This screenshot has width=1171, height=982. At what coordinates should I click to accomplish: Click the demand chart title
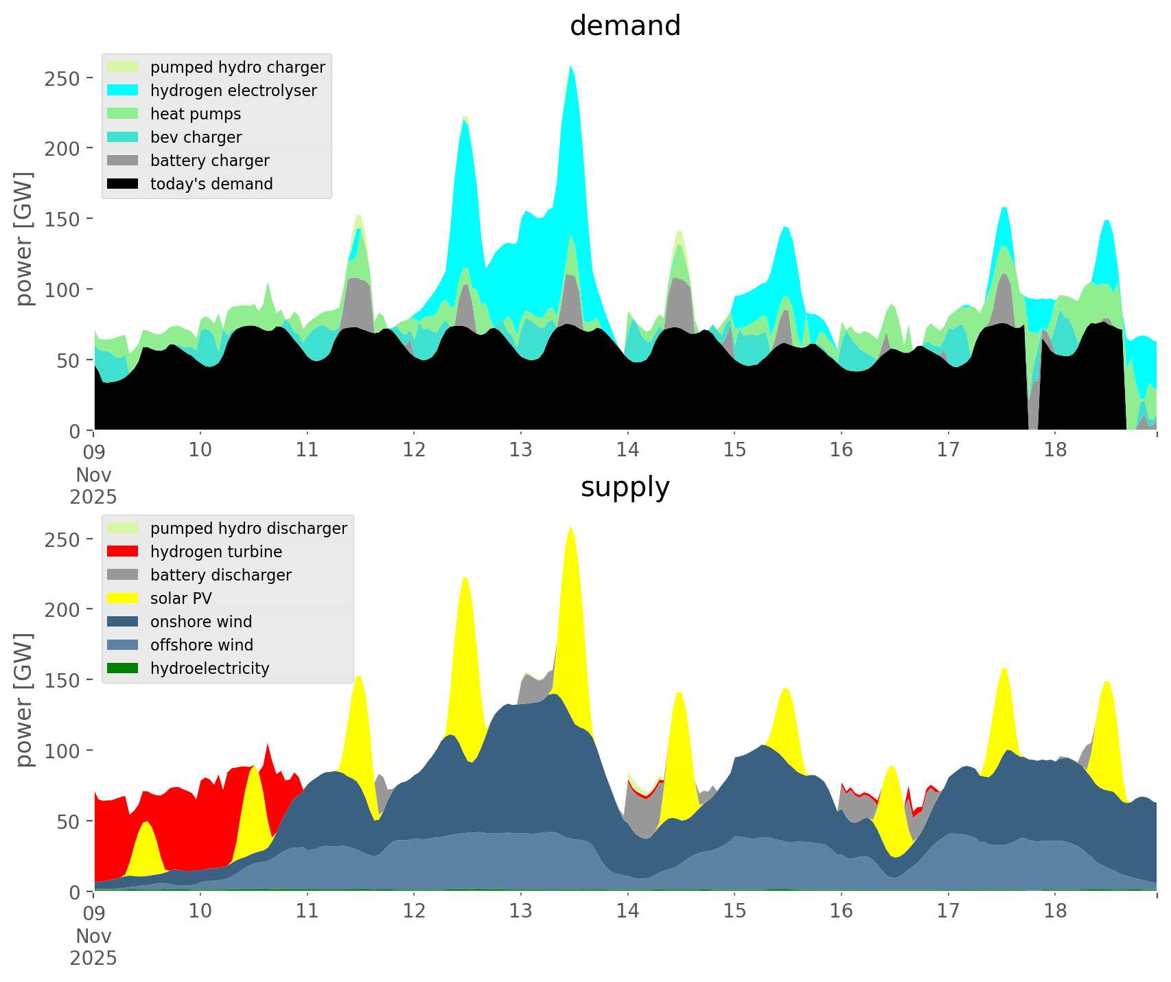[x=625, y=26]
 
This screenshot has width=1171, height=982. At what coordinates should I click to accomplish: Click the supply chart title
[x=625, y=487]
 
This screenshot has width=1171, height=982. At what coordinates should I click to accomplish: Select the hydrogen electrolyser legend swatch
[x=123, y=91]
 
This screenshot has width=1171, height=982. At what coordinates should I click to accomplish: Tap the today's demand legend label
[x=211, y=184]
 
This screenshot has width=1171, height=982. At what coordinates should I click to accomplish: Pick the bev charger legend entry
[x=196, y=137]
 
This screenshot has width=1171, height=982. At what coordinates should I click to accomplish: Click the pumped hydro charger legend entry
[x=237, y=67]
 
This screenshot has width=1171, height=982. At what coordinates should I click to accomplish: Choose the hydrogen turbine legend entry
[x=216, y=552]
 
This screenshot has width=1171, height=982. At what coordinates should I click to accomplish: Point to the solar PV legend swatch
[x=123, y=598]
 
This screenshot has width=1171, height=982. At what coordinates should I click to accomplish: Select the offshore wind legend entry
[x=201, y=645]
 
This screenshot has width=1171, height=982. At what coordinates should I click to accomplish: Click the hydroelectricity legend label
[x=209, y=668]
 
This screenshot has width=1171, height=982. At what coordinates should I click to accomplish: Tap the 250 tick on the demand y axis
[x=62, y=78]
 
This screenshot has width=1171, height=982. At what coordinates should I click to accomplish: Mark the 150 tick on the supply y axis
[x=62, y=680]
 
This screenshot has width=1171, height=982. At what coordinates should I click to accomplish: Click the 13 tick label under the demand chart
[x=520, y=450]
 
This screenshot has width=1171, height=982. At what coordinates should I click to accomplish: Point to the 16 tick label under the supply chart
[x=841, y=911]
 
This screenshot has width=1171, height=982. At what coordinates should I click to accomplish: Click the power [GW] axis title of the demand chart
[x=24, y=239]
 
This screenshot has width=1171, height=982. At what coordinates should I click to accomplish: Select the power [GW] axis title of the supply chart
[x=24, y=700]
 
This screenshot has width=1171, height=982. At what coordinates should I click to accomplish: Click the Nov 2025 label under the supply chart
[x=93, y=946]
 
